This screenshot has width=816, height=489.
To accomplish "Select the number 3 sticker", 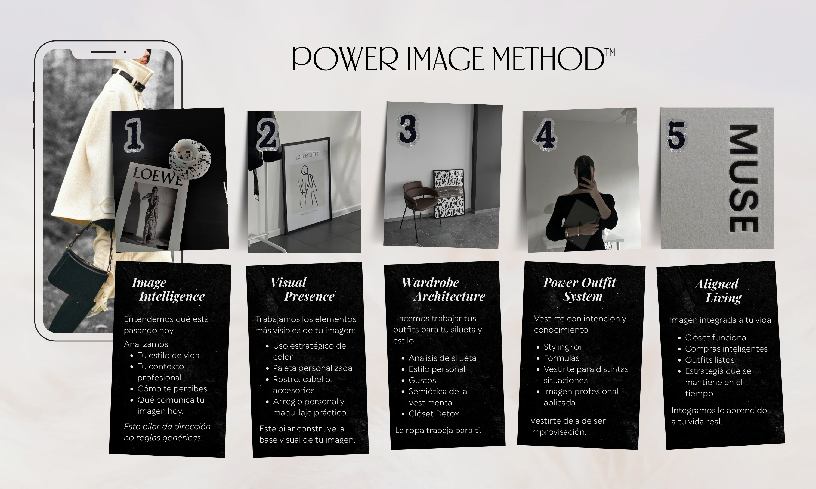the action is pos(408,129).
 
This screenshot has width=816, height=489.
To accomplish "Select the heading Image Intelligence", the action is pos(168,289).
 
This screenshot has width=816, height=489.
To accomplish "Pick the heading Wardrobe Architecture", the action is pos(443,289).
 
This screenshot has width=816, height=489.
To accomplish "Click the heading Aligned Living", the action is pos(719,291).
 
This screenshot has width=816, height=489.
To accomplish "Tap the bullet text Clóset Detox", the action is pos(434,414).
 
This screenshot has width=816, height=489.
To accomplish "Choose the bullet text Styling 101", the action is pos(563,347).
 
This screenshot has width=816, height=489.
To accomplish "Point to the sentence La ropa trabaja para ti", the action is pos(438,430).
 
